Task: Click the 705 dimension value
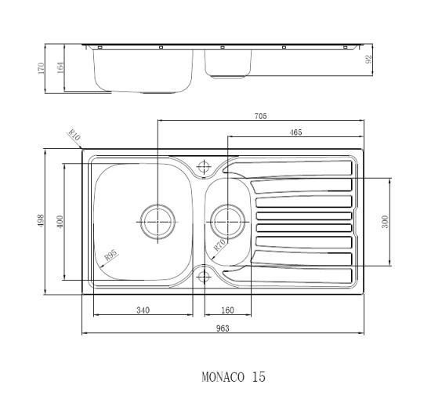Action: pos(261,116)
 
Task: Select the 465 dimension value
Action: pos(295,132)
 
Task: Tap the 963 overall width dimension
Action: pos(222,328)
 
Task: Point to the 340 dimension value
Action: pos(143,310)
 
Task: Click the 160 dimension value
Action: pos(228,310)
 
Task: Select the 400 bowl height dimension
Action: pos(60,221)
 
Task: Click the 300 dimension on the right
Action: pos(385,222)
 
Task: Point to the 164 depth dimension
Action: pos(60,67)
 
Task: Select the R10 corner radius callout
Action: pos(74,138)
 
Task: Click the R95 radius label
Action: pos(110,255)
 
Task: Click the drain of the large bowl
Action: pos(158,221)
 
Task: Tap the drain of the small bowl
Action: pos(229,221)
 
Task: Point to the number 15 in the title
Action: pos(259,377)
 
